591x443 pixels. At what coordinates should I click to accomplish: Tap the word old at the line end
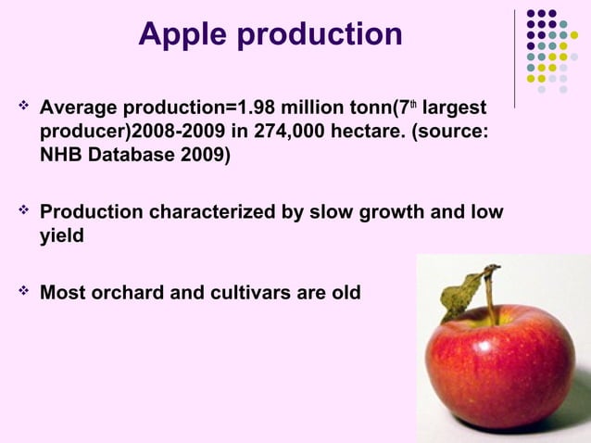coord(343,294)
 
